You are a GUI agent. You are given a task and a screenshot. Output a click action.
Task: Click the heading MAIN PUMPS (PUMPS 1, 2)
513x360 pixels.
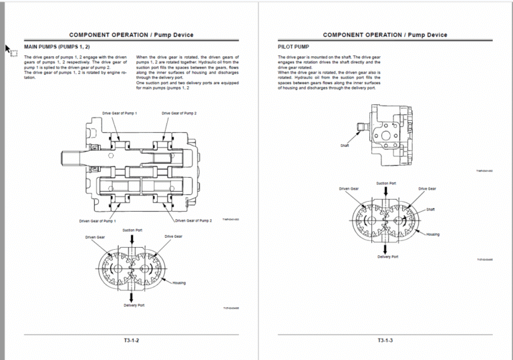point(57,47)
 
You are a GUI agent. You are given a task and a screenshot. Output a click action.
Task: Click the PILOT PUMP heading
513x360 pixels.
point(293,47)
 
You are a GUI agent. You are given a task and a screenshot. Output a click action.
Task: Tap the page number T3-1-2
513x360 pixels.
point(131,341)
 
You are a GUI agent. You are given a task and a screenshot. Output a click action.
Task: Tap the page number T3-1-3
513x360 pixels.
point(385,341)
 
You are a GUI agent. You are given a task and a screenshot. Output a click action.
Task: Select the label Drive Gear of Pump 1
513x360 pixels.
point(120,114)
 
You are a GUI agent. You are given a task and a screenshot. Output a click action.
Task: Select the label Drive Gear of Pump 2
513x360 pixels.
point(179,114)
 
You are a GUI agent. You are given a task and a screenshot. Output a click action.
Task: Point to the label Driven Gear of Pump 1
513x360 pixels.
point(98,220)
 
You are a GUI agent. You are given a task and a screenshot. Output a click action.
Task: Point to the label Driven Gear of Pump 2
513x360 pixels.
point(194,220)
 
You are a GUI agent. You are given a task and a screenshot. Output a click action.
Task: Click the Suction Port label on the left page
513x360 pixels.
point(132,230)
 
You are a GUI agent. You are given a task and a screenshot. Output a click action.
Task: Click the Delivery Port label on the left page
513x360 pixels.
point(134,305)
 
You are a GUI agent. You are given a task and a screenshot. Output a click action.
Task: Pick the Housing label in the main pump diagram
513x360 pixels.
point(179,283)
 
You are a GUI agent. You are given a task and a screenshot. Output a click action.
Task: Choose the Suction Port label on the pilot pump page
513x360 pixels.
point(386,183)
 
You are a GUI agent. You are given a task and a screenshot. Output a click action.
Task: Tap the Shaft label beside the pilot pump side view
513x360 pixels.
point(345,145)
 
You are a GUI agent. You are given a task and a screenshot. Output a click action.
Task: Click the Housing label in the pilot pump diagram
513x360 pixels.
point(433,234)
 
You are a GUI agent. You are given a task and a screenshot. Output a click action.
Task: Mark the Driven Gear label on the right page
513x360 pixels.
point(349,189)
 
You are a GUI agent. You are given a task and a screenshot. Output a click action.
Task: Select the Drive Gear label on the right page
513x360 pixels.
point(427,189)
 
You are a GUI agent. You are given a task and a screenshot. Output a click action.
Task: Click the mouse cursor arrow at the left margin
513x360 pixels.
point(9,49)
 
